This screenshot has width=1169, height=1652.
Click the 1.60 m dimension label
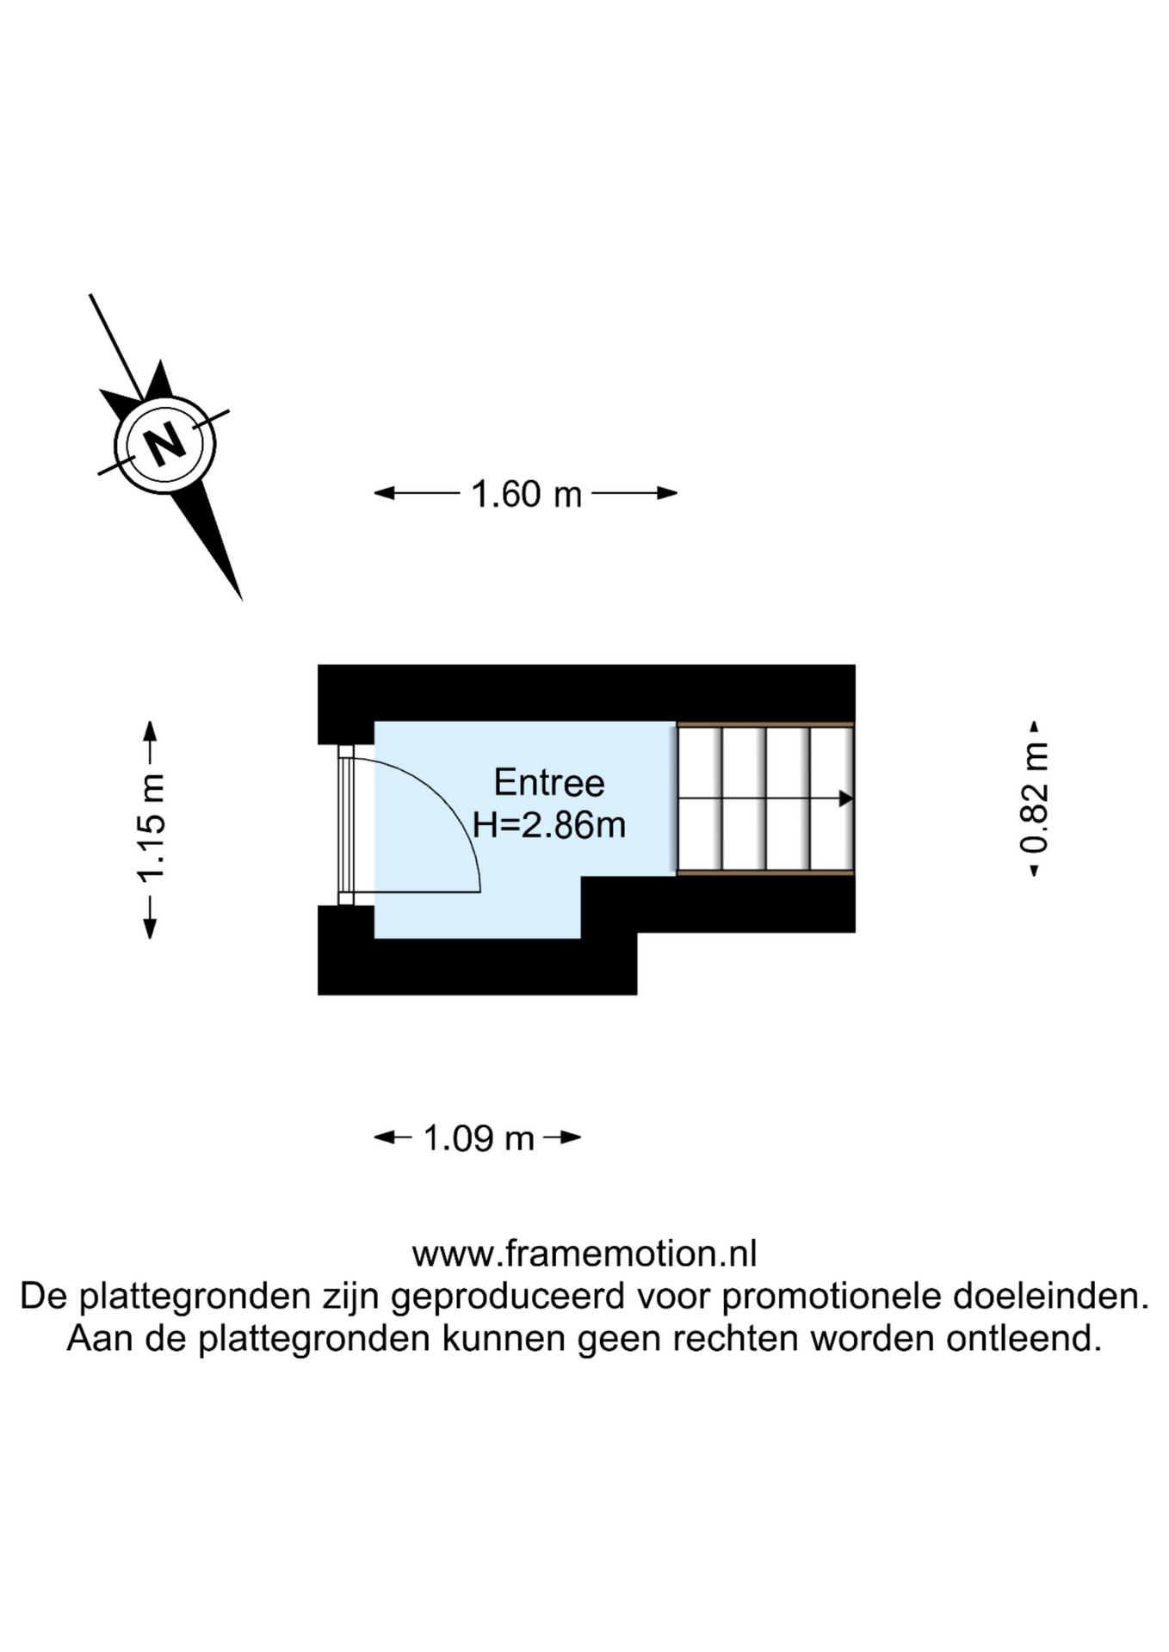526,494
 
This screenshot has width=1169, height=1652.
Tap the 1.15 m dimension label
151,829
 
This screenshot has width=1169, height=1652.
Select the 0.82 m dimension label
1034,799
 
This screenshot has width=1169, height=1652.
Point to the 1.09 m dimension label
479,1138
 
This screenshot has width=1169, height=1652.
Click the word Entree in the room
548,783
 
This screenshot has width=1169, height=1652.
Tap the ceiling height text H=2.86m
548,825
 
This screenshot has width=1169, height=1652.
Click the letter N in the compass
164,444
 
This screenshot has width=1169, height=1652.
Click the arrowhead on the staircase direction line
845,799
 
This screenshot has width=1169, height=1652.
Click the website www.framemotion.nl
584,1254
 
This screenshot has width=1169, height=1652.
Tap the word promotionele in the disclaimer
832,1296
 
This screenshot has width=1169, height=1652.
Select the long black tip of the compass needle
220,551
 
